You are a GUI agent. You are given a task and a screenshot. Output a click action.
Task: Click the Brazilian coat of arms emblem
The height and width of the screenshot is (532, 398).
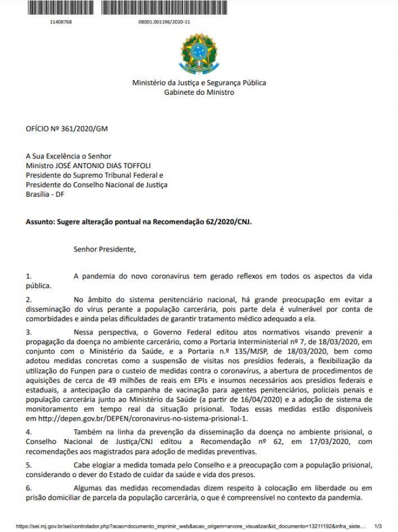(198, 54)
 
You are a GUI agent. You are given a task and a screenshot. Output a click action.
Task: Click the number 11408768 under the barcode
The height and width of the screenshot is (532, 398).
(61, 21)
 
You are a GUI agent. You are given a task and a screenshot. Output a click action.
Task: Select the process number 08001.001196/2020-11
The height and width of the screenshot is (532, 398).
(165, 21)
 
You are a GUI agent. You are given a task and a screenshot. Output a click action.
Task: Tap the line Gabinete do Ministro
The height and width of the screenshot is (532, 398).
(199, 92)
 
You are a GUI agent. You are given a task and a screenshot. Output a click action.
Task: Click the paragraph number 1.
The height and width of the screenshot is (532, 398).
(28, 276)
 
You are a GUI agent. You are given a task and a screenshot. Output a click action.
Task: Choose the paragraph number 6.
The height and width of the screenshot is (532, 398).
(28, 487)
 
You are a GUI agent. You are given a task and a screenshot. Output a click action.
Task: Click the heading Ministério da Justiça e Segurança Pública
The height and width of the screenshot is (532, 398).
(199, 83)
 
